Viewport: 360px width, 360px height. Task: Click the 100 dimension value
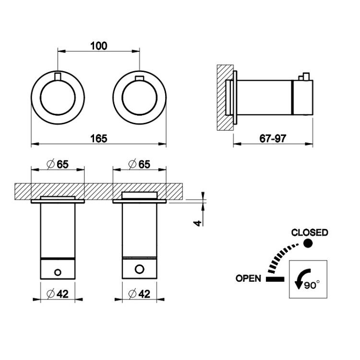pyautogui.click(x=99, y=46)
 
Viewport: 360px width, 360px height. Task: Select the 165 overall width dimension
pyautogui.click(x=99, y=138)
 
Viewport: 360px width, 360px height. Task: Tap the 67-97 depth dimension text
pyautogui.click(x=273, y=138)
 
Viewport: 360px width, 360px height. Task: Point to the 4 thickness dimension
pyautogui.click(x=198, y=223)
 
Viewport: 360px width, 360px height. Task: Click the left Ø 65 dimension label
pyautogui.click(x=58, y=164)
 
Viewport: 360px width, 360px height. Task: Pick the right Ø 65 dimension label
pyautogui.click(x=139, y=164)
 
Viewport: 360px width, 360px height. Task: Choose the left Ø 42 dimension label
pyautogui.click(x=58, y=294)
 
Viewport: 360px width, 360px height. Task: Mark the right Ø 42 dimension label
pyautogui.click(x=139, y=294)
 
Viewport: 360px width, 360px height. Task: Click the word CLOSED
pyautogui.click(x=310, y=233)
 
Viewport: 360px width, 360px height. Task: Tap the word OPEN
pyautogui.click(x=249, y=278)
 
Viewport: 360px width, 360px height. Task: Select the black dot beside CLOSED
pyautogui.click(x=308, y=243)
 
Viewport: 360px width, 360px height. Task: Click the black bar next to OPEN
pyautogui.click(x=275, y=279)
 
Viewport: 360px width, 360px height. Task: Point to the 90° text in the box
pyautogui.click(x=312, y=285)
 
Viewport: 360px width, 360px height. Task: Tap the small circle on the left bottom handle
pyautogui.click(x=58, y=273)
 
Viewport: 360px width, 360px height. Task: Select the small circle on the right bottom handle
pyautogui.click(x=140, y=269)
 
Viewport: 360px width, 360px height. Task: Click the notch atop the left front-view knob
pyautogui.click(x=58, y=76)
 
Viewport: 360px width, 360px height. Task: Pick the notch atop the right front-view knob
pyautogui.click(x=140, y=78)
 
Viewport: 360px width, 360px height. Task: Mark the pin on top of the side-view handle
pyautogui.click(x=304, y=77)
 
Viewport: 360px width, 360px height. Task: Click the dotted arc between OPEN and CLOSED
pyautogui.click(x=279, y=256)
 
